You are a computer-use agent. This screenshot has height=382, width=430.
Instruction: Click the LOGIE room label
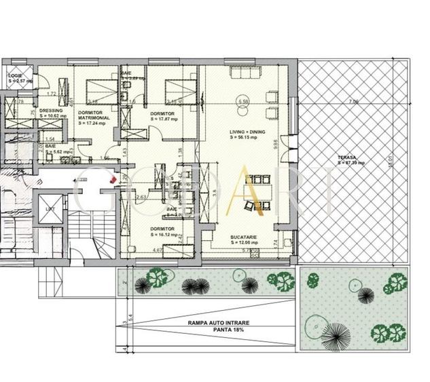pos(15,75)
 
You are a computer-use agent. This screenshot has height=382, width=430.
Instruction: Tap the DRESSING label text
pos(51,110)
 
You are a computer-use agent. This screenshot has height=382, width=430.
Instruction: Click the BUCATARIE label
pos(243,237)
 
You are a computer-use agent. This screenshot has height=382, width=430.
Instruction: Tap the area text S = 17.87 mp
pos(163,119)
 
